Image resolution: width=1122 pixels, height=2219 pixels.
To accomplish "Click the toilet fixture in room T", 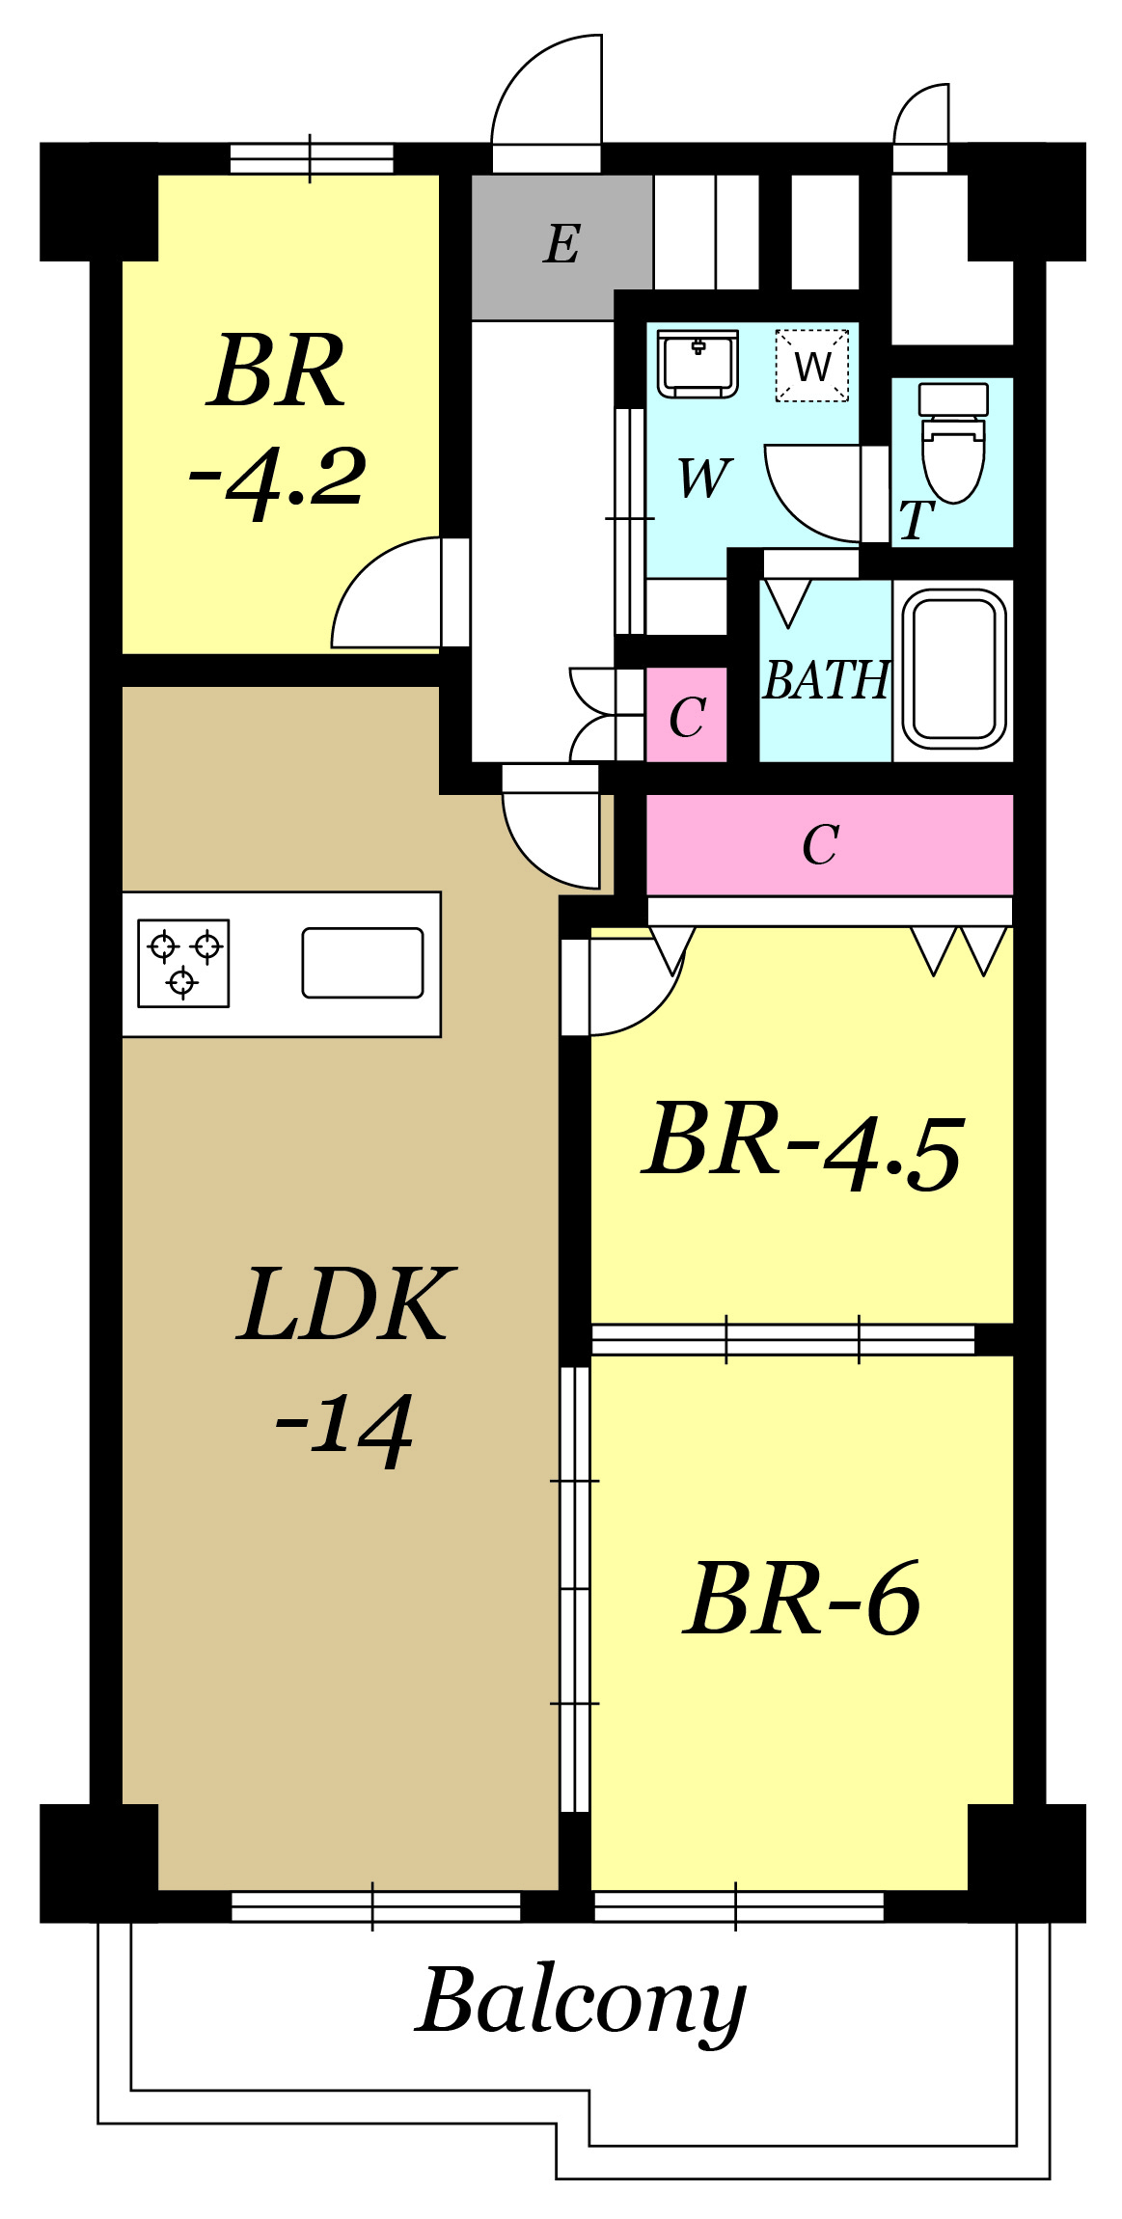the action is pyautogui.click(x=953, y=442).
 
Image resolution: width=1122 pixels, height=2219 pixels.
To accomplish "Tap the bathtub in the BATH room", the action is pyautogui.click(x=954, y=670).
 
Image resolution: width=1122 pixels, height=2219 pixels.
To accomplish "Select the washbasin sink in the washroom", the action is pyautogui.click(x=698, y=363).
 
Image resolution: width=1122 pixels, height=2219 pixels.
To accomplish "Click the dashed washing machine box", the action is pyautogui.click(x=812, y=366).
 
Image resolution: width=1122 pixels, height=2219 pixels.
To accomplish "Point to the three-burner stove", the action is pyautogui.click(x=183, y=963).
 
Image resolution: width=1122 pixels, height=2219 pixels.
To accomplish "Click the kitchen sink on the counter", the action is pyautogui.click(x=363, y=963).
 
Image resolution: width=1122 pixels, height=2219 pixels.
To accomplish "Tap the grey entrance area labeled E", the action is pyautogui.click(x=561, y=247).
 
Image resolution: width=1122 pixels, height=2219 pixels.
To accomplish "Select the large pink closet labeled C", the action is pyautogui.click(x=830, y=845).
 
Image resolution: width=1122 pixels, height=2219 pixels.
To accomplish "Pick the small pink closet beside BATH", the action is pyautogui.click(x=686, y=715).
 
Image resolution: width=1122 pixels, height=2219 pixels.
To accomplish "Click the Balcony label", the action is pyautogui.click(x=582, y=2002).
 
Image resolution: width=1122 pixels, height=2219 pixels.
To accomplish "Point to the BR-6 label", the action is pyautogui.click(x=802, y=1600).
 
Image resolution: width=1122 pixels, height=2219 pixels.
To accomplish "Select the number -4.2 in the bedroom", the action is pyautogui.click(x=277, y=478).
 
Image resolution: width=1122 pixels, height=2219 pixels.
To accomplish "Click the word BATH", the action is pyautogui.click(x=826, y=680).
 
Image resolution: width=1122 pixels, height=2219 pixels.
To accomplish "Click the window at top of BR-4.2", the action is pyautogui.click(x=311, y=158).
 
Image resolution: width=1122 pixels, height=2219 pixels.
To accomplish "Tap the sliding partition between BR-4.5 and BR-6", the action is pyautogui.click(x=783, y=1339).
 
